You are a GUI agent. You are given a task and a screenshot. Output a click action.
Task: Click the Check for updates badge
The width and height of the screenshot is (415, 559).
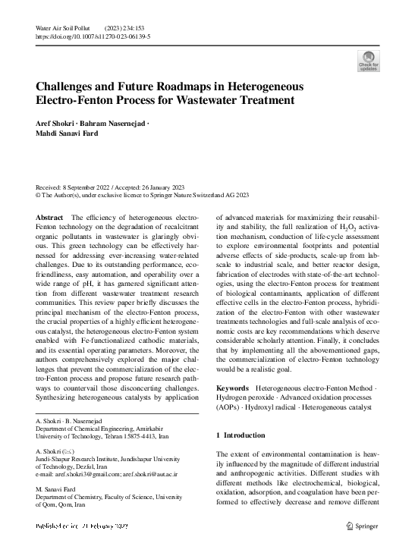tap(368, 61)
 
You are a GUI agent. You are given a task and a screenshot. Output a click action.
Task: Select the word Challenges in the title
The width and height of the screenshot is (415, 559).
tap(69, 86)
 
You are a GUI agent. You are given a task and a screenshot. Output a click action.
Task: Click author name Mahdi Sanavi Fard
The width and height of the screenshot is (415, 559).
tap(69, 133)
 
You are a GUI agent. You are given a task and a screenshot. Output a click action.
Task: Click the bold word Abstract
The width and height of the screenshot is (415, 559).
tap(49, 218)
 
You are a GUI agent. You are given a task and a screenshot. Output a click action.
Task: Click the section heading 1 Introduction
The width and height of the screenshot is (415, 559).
tap(241, 435)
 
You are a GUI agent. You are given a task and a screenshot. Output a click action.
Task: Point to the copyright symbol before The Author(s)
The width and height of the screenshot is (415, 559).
tap(39, 195)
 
